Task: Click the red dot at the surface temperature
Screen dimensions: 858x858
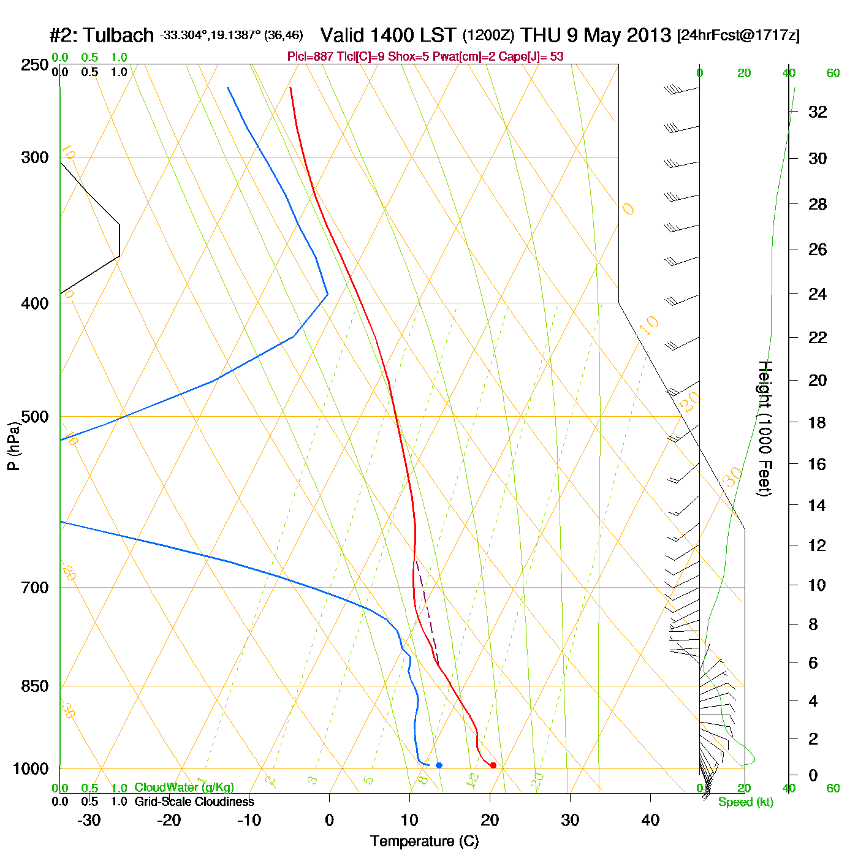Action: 493,765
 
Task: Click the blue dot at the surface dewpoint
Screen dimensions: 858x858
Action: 439,765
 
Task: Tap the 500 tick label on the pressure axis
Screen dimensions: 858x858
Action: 35,417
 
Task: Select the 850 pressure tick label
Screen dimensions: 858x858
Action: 35,686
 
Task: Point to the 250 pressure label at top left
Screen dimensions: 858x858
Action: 35,65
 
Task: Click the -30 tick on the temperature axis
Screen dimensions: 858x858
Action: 89,820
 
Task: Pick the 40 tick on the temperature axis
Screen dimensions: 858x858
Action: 650,820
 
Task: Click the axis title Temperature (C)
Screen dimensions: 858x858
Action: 424,841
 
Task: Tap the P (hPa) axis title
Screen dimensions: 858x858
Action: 13,446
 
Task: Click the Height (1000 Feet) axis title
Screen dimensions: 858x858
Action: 765,428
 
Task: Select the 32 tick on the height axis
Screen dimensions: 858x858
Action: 818,112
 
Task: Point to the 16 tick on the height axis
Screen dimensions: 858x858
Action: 818,464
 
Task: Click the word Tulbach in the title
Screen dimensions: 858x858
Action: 118,36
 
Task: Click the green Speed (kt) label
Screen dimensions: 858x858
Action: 746,802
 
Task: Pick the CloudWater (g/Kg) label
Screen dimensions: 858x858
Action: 184,788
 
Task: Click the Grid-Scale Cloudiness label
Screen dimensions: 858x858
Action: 194,802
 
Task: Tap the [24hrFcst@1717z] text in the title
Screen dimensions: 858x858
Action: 738,36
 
